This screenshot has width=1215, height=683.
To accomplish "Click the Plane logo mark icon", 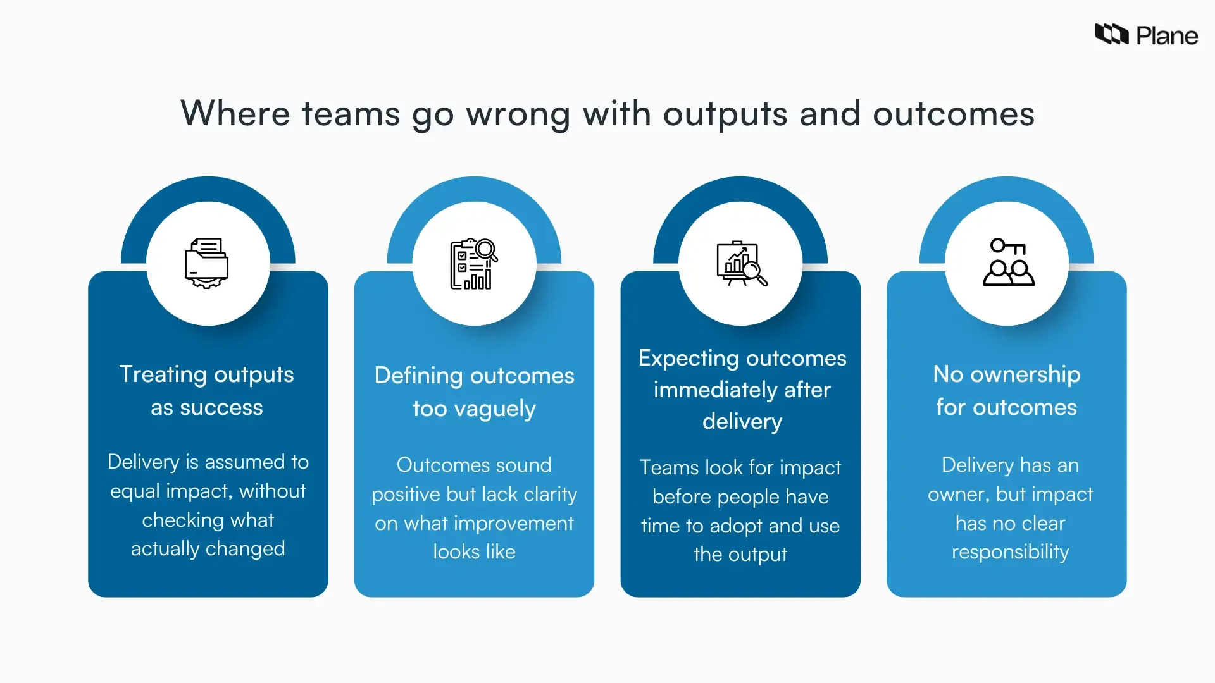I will pyautogui.click(x=1111, y=34).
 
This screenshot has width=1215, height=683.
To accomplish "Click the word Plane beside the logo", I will pyautogui.click(x=1167, y=36).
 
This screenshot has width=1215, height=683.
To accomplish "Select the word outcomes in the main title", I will pyautogui.click(x=953, y=114).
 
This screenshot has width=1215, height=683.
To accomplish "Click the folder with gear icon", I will pyautogui.click(x=207, y=263).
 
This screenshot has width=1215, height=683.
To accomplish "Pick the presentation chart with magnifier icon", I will pyautogui.click(x=741, y=264).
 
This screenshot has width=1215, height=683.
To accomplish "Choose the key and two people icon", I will pyautogui.click(x=1007, y=262).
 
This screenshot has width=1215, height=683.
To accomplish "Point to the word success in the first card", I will pyautogui.click(x=221, y=408).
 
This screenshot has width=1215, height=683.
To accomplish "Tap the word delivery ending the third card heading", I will pyautogui.click(x=742, y=422).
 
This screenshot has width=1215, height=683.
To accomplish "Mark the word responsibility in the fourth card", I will pyautogui.click(x=1010, y=552).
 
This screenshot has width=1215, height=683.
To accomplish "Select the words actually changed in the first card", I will pyautogui.click(x=208, y=549).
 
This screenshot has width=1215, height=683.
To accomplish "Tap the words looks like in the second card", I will pyautogui.click(x=474, y=552).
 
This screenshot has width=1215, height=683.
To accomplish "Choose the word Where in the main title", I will pyautogui.click(x=235, y=114).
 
